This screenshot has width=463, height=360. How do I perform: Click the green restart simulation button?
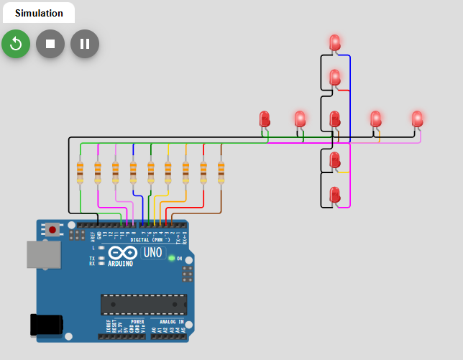point(16,44)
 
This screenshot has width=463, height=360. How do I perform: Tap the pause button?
point(85,44)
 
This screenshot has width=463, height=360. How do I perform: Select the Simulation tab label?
point(39,13)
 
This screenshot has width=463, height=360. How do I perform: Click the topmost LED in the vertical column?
point(335,42)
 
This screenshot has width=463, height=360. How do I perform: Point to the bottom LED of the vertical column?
point(335,194)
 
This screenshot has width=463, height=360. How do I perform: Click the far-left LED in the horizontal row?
point(265,119)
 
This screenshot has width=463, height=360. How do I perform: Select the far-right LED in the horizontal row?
point(418,119)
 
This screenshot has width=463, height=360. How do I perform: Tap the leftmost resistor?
point(80,172)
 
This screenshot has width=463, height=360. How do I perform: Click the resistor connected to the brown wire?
point(221,172)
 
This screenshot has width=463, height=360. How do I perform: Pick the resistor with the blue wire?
point(133,172)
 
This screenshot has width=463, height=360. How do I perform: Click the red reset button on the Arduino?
point(52,231)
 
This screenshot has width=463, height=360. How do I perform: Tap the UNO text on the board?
point(153,253)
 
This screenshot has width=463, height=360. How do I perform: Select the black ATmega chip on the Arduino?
point(144,304)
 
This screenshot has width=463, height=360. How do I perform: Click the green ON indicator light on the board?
point(171,258)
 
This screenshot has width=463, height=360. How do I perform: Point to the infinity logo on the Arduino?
point(123,253)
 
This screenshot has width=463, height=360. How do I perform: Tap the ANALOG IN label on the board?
point(171,322)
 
